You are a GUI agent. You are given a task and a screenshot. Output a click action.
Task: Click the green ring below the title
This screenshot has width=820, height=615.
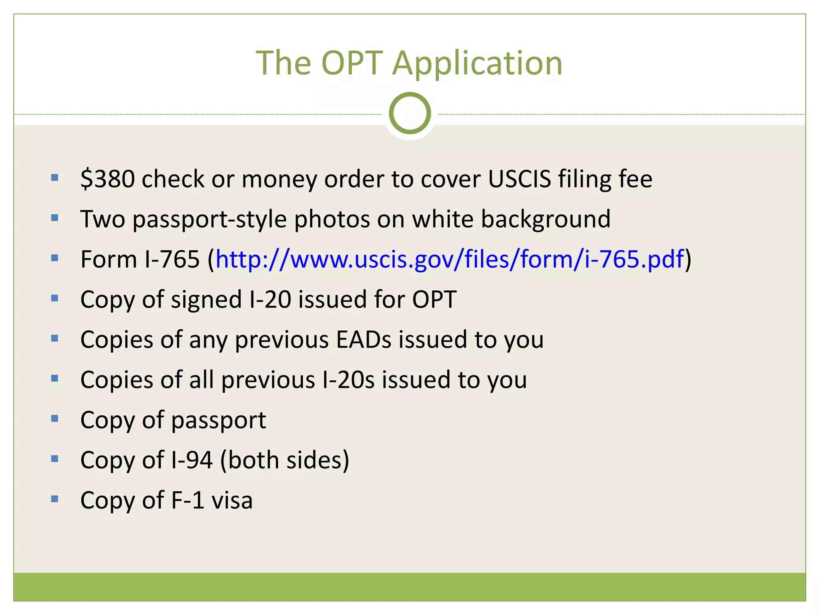[x=410, y=113]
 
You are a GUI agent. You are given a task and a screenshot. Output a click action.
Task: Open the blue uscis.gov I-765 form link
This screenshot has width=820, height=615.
[x=449, y=259]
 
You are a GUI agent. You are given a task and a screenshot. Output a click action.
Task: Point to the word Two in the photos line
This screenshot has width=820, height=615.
[x=102, y=219]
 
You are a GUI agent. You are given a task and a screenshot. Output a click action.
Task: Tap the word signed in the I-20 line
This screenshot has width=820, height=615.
[x=206, y=299]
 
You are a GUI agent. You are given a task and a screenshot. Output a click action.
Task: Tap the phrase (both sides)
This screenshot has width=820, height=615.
[x=285, y=460]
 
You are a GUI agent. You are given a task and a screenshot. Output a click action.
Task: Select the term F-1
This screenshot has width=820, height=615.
[x=188, y=500]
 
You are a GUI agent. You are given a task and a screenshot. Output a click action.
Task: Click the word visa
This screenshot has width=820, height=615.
[x=232, y=500]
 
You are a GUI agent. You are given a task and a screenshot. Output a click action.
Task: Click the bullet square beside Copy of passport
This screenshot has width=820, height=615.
[x=55, y=419]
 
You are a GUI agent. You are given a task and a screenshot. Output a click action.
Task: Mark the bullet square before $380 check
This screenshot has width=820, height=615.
[x=55, y=177]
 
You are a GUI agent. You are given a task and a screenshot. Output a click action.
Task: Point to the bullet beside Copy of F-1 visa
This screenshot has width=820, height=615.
[x=55, y=499]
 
